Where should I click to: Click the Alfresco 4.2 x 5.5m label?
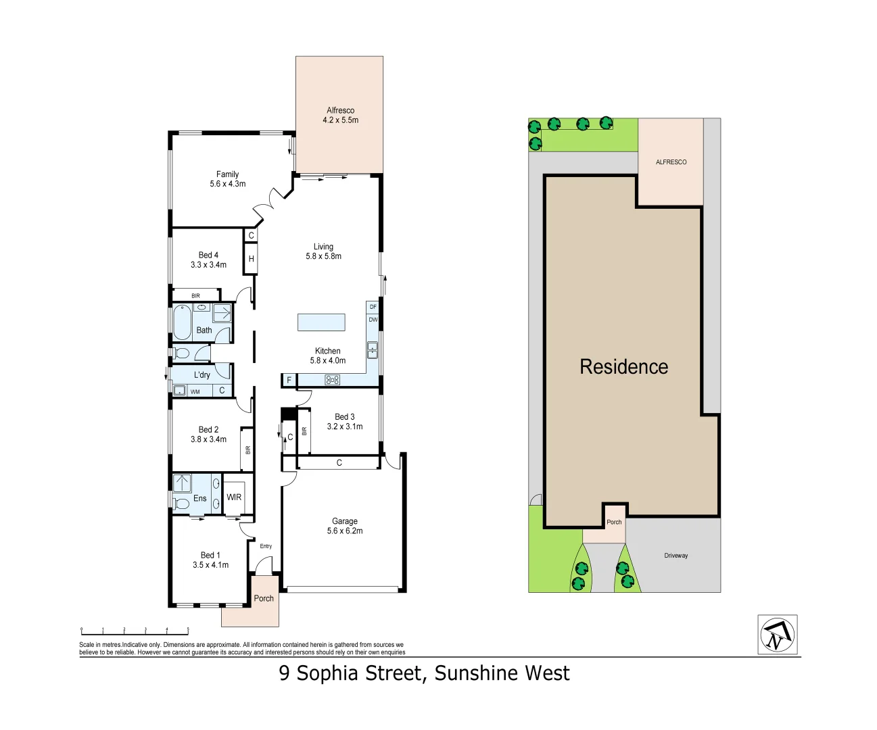click(x=340, y=115)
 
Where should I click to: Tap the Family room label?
click(x=227, y=178)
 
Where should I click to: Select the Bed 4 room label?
click(x=208, y=260)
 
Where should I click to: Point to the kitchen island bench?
click(x=321, y=322)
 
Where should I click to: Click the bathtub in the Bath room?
click(x=183, y=322)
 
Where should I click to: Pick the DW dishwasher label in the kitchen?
click(x=373, y=320)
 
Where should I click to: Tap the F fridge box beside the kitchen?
click(x=289, y=381)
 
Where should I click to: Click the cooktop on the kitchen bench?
click(x=332, y=380)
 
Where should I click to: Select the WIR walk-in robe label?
click(x=234, y=497)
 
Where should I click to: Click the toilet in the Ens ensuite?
click(x=181, y=504)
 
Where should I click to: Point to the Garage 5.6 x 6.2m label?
click(x=345, y=526)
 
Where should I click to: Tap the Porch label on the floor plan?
click(x=264, y=598)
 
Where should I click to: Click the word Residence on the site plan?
click(x=623, y=367)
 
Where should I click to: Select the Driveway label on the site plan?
click(x=675, y=556)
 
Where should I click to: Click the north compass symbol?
click(x=777, y=635)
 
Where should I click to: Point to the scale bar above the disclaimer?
click(x=135, y=631)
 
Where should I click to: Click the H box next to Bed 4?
click(x=251, y=259)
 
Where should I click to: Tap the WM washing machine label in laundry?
click(x=195, y=391)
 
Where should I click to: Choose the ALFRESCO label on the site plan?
click(x=671, y=162)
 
